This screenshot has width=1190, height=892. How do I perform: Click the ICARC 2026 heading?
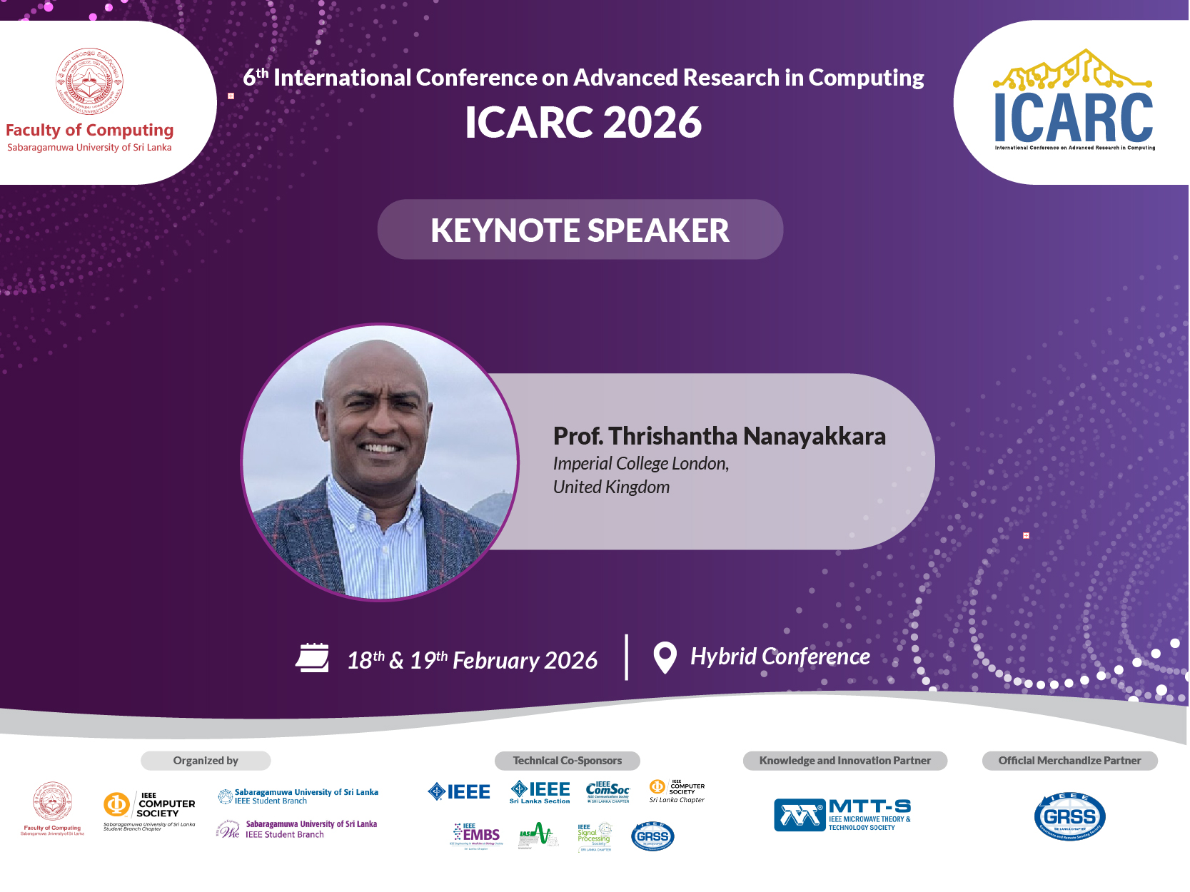coord(583,122)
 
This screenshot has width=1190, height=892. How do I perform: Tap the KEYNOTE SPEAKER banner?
coord(580,230)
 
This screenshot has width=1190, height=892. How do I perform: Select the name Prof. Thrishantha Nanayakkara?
coord(719,436)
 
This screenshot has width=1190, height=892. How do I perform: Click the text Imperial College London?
coord(640,464)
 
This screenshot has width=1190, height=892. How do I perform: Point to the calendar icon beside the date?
coord(313,658)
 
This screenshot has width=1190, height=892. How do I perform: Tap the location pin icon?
coord(665,657)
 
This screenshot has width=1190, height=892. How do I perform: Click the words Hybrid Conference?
coord(780,657)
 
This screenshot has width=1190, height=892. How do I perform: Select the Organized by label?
coord(206,761)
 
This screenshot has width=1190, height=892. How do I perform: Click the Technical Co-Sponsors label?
coord(567,761)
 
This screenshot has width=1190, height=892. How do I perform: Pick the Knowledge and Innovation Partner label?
coord(844,761)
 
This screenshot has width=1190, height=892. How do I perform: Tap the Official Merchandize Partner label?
coord(1069,761)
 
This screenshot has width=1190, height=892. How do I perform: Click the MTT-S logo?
coord(842,815)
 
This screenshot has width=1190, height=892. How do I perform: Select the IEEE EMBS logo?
coord(477,835)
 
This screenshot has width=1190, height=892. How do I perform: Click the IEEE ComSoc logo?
coord(607,791)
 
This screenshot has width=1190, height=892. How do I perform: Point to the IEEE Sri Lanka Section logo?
coord(540,791)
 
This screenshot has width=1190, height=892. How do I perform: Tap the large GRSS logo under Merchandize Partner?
coord(1069,817)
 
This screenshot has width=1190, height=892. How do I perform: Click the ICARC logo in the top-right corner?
coord(1074,101)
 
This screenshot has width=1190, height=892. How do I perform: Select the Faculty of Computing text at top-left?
coord(90,131)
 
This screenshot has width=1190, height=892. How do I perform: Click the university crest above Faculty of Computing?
coord(90,81)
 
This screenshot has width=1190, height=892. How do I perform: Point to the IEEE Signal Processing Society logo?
coord(595,836)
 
